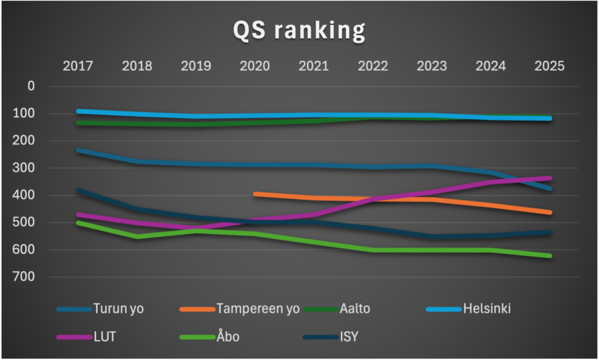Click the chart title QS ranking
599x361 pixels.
(299, 31)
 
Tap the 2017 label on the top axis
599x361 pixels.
(78, 66)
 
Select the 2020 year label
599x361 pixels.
(254, 66)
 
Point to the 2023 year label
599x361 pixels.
(432, 66)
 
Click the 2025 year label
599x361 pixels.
(549, 66)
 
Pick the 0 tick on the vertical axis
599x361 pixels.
(31, 86)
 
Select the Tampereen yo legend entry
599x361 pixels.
(257, 308)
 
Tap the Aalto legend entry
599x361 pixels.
(354, 308)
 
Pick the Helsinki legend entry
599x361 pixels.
(486, 308)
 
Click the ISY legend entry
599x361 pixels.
(348, 337)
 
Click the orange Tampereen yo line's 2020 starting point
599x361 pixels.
(255, 193)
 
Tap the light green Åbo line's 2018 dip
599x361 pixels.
(137, 236)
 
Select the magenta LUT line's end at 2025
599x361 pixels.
(549, 178)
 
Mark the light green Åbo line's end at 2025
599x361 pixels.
(549, 256)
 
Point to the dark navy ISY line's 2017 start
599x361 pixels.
(78, 190)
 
